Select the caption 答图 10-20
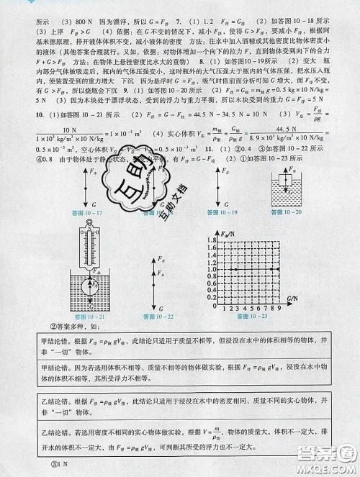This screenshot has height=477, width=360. [286, 213]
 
